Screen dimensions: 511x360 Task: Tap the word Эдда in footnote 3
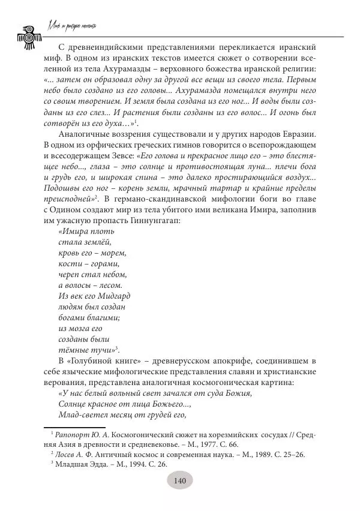coord(97,464)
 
